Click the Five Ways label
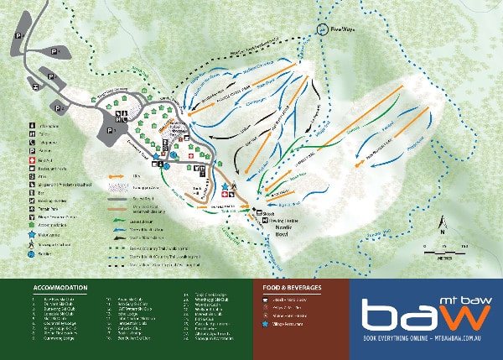coord(343,28)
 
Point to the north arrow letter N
coord(442,223)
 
